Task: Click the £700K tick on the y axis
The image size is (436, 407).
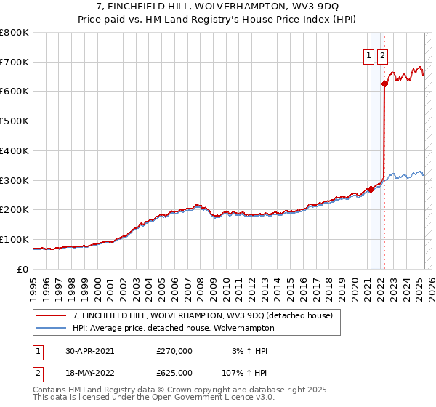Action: coord(15,62)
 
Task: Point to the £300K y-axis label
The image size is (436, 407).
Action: coord(15,180)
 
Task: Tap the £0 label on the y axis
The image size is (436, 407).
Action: coord(24,269)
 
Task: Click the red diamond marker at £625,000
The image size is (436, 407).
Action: coord(384,84)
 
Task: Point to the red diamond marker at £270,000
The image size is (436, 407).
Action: coord(371,189)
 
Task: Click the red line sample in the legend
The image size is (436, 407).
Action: coord(52,316)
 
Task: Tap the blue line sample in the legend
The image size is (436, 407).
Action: coord(52,328)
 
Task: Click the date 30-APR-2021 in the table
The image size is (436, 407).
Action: coord(90,351)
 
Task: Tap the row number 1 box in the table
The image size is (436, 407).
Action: coord(38,351)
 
